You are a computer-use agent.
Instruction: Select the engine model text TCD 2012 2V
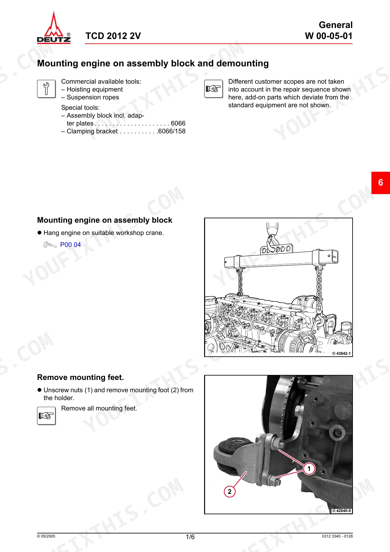pos(113,36)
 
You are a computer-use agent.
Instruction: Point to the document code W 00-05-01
pos(329,36)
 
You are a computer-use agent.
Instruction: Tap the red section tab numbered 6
pos(381,183)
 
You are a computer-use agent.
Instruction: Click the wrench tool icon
pos(47,89)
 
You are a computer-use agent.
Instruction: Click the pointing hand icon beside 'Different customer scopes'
pos(214,89)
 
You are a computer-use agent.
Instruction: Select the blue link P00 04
pos(70,245)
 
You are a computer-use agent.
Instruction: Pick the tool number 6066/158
pos(172,131)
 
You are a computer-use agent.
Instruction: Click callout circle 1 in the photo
pos(309,469)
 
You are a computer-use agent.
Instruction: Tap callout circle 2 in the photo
pos(230,492)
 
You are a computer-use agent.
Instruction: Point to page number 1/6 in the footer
pos(190,537)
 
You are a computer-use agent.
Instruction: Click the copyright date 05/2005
pos(46,536)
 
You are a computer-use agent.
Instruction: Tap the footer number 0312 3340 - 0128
pos(337,536)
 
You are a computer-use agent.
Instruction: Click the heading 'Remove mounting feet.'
pos(81,377)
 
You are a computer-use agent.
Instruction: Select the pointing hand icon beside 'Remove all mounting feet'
pos(47,416)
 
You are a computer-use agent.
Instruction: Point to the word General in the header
pos(336,25)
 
